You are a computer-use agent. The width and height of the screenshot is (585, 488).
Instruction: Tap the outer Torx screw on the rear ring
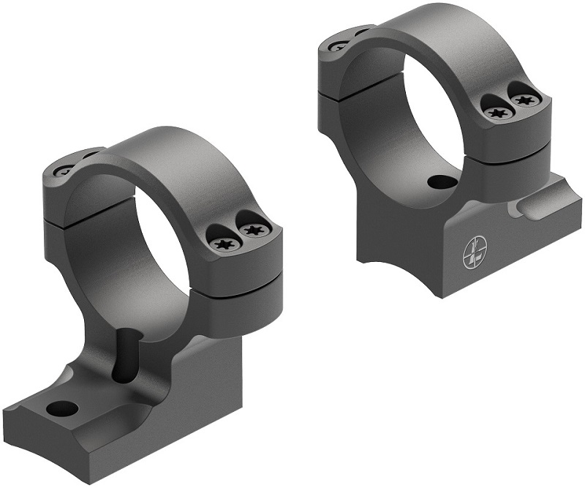524,98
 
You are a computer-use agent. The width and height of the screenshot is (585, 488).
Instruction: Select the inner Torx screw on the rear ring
497,112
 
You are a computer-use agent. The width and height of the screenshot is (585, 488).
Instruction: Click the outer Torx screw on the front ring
253,230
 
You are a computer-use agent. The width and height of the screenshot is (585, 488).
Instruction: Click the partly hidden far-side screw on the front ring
64,170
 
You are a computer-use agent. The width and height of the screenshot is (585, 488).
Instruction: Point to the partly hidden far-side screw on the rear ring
338,45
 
